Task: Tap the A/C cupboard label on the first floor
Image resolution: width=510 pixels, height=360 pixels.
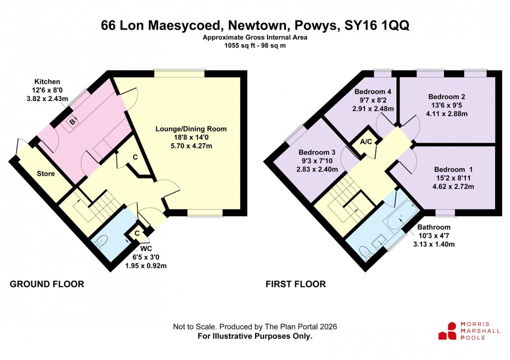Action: click(366, 141)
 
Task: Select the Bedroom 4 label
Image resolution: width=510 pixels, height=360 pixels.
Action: click(372, 92)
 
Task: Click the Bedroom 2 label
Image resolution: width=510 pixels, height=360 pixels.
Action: click(446, 97)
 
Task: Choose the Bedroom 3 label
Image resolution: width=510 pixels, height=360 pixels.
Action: click(316, 152)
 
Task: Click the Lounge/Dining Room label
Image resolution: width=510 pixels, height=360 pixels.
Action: click(191, 129)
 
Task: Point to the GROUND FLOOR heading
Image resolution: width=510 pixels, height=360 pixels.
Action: click(47, 284)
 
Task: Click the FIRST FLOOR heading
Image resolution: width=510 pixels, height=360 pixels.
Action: click(295, 284)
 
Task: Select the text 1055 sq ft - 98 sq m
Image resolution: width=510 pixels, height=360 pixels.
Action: click(255, 45)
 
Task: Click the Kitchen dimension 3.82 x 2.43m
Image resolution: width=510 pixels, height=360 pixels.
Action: click(51, 98)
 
